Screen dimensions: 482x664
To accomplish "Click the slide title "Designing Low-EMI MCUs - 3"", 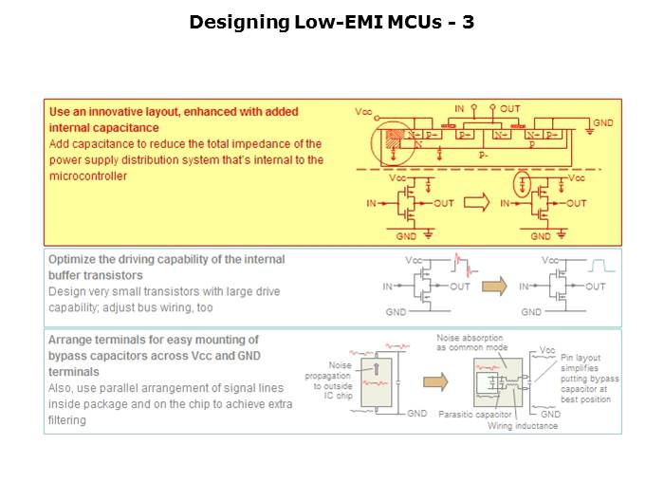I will [x=332, y=22].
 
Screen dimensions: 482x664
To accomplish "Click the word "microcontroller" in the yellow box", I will [x=87, y=176].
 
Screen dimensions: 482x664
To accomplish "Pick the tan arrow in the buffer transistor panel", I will [x=494, y=286].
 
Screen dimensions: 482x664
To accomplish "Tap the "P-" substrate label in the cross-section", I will [x=483, y=152].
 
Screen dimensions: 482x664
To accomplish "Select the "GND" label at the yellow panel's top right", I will [x=603, y=123].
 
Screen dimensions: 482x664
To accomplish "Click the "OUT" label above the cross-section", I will [x=510, y=109].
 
